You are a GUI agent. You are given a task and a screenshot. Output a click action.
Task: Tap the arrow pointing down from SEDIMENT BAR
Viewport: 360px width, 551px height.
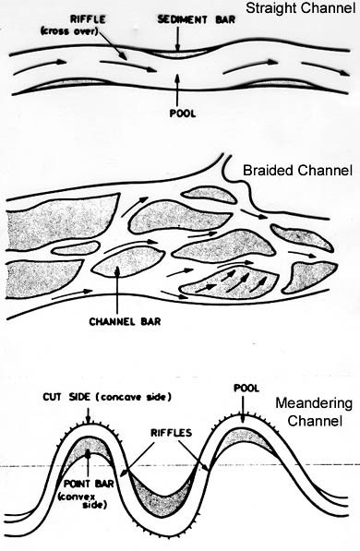175,40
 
